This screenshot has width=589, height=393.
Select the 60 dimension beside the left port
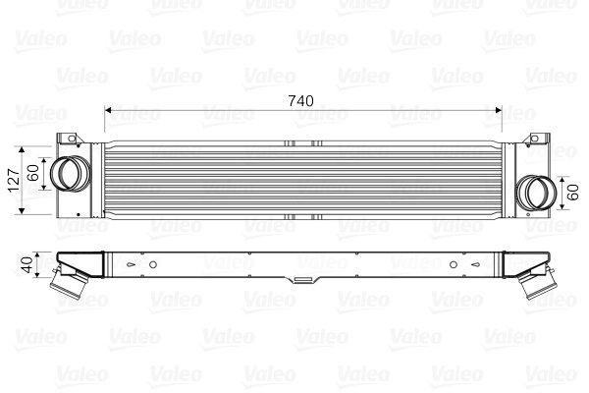[32, 174]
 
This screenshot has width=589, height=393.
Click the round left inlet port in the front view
[69, 174]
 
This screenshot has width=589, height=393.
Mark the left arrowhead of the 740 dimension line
[108, 111]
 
